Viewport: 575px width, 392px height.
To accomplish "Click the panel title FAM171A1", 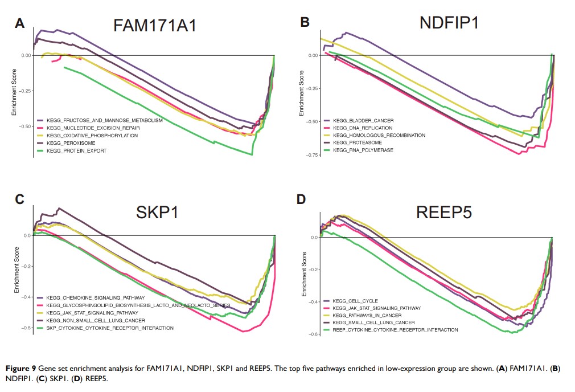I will (x=155, y=26).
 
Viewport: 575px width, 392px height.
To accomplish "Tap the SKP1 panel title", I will (x=157, y=212).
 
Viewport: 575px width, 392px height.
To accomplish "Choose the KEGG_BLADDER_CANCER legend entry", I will (x=363, y=121).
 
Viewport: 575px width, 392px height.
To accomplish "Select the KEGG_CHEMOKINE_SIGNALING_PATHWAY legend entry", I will (x=91, y=298).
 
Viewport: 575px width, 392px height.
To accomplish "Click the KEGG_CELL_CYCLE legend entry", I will (x=355, y=301).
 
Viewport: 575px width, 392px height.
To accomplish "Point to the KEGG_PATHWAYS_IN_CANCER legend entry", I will (x=367, y=315).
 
